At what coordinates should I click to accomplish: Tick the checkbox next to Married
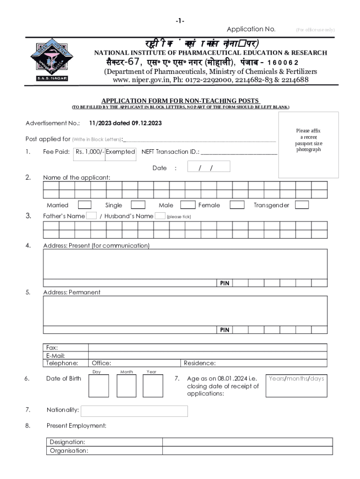tap(85, 205)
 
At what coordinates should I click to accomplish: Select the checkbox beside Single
tap(138, 205)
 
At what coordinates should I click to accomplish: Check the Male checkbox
tap(188, 205)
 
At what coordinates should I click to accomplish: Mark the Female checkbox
tap(237, 205)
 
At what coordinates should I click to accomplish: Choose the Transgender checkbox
tap(302, 205)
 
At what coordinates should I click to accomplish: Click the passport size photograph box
tap(309, 145)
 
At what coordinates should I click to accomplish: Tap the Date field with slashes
tap(209, 167)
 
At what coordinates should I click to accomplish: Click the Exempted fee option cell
tap(120, 152)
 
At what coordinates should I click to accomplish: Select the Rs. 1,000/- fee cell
tap(90, 152)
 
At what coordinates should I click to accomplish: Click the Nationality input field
tap(134, 411)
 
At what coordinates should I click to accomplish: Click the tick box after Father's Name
tap(92, 216)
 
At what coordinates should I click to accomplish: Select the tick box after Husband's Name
tap(160, 216)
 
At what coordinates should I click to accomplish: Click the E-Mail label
tap(58, 356)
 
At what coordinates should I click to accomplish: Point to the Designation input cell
tap(247, 442)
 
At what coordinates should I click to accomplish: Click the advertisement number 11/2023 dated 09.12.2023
tap(126, 123)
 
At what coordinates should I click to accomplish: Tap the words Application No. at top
tap(251, 29)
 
